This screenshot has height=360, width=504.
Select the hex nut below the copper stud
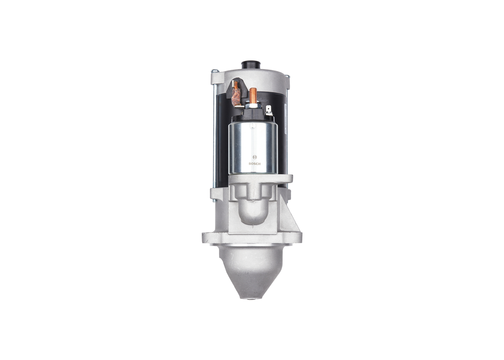(x=253, y=105)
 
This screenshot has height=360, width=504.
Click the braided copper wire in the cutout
(x=236, y=93)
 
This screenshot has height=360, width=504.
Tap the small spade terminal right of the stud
(x=269, y=109)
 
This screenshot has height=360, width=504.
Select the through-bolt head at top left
(x=215, y=71)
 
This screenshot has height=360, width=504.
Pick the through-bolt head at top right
(x=287, y=76)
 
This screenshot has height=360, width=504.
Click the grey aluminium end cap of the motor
(x=268, y=77)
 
